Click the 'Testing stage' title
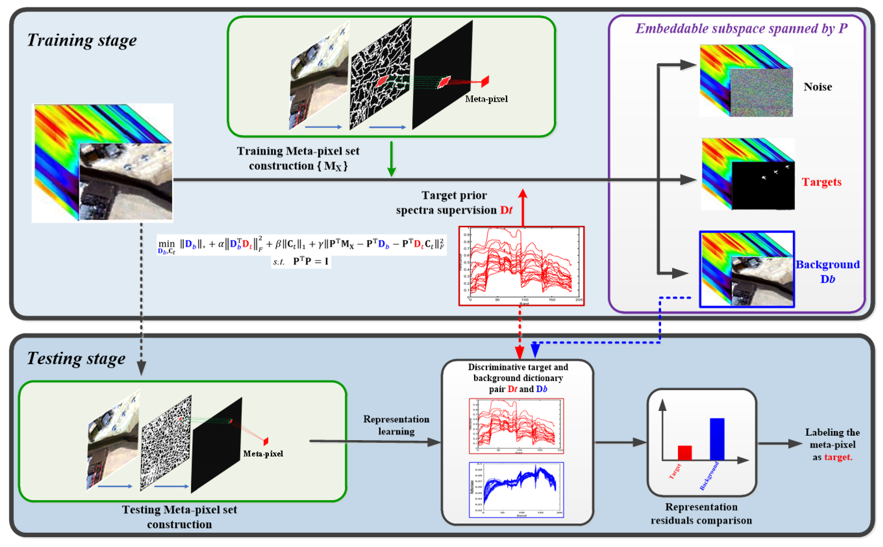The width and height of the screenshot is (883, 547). [x=76, y=358]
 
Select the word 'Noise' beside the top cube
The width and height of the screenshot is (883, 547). [x=817, y=87]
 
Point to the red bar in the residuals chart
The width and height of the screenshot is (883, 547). [x=684, y=453]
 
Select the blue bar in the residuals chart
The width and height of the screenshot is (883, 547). [x=717, y=439]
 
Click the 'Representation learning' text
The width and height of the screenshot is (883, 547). [x=396, y=425]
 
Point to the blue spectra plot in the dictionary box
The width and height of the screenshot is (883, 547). [x=516, y=489]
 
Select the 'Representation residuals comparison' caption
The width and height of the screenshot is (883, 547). [x=701, y=513]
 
